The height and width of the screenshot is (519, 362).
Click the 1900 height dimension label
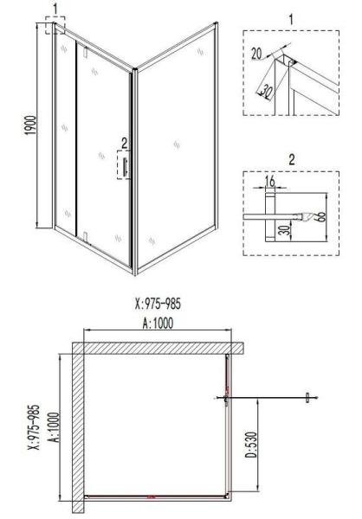[x=30, y=125]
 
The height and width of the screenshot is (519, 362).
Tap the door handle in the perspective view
[x=125, y=167]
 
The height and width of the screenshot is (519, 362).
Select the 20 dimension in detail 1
[x=256, y=54]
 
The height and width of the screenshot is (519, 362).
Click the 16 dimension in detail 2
[x=270, y=182]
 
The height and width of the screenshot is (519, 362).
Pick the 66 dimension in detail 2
[x=321, y=216]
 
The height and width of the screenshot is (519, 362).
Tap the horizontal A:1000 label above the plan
[x=158, y=324]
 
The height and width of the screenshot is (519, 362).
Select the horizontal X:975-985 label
[x=158, y=304]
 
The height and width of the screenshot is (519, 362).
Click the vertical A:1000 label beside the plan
[x=55, y=427]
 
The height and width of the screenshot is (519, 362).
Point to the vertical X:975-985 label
[x=34, y=427]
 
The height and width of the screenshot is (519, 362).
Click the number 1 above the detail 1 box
[x=291, y=20]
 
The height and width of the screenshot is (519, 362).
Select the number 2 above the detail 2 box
[x=291, y=160]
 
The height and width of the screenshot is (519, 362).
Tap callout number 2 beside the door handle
[x=124, y=144]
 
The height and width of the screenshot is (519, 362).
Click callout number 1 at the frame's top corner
[x=55, y=9]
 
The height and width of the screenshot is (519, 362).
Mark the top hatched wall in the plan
[x=158, y=349]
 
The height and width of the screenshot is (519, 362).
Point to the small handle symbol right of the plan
[x=308, y=398]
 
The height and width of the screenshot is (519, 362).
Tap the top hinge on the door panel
[x=86, y=53]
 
